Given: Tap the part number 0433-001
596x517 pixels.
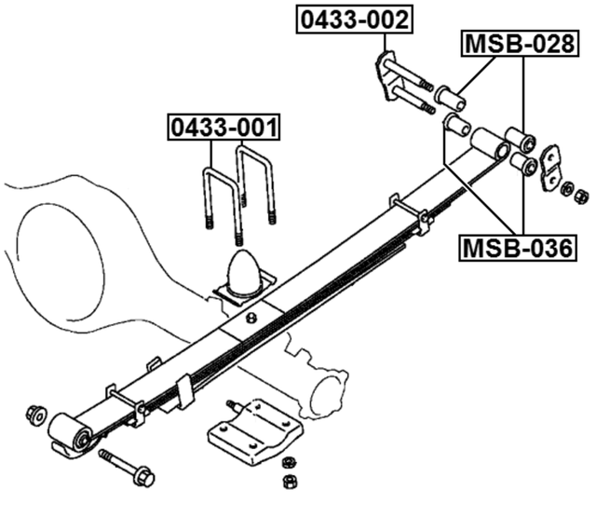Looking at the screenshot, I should click(x=224, y=127).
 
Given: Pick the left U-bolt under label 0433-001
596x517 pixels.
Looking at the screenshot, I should click(x=221, y=196).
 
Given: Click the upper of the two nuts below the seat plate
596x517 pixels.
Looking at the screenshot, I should click(x=288, y=462).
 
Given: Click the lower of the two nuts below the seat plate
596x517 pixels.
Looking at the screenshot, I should click(x=289, y=481).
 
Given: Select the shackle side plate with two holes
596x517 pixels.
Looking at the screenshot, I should click(x=550, y=165).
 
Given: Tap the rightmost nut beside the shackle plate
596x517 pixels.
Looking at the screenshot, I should click(x=582, y=196).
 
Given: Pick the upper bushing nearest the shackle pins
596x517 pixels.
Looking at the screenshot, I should click(x=451, y=96).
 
